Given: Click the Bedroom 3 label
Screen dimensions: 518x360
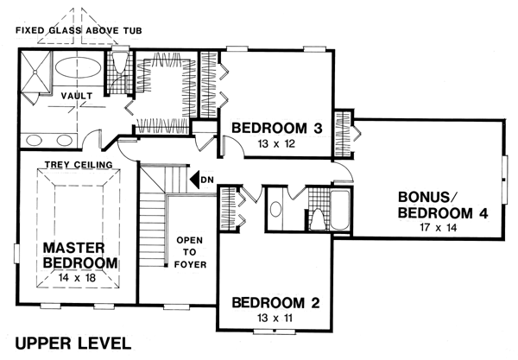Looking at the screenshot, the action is tap(277, 128).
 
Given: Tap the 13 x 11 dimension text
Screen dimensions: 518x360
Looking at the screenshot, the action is tap(275, 318).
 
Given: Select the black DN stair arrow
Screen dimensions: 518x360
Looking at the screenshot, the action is tap(195, 180).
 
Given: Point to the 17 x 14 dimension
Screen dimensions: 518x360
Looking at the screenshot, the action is tap(439, 228).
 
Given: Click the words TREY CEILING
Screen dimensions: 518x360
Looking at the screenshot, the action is tap(79, 165).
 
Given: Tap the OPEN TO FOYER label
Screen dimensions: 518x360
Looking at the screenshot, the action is tap(190, 252).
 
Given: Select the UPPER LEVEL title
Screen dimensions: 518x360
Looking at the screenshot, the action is tap(73, 344).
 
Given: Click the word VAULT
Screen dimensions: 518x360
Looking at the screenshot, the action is tap(77, 96).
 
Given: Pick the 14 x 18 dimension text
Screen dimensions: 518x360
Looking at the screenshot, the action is tap(77, 278).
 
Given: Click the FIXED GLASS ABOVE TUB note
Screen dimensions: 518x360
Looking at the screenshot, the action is tap(79, 31).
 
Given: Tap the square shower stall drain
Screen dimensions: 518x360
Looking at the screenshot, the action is tap(35, 71).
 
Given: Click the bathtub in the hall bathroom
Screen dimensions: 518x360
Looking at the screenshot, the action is tap(339, 210).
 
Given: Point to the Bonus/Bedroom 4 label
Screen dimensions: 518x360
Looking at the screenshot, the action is tap(442, 205).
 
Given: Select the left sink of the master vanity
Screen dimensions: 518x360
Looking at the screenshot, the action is tap(34, 141).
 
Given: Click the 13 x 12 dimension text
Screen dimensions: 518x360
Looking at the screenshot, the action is tap(277, 144).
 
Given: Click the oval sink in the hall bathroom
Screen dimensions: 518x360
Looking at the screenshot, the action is tap(275, 210).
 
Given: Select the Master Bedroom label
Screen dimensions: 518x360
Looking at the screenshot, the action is tap(80, 255).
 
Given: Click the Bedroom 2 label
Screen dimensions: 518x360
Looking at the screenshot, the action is tap(276, 302).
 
